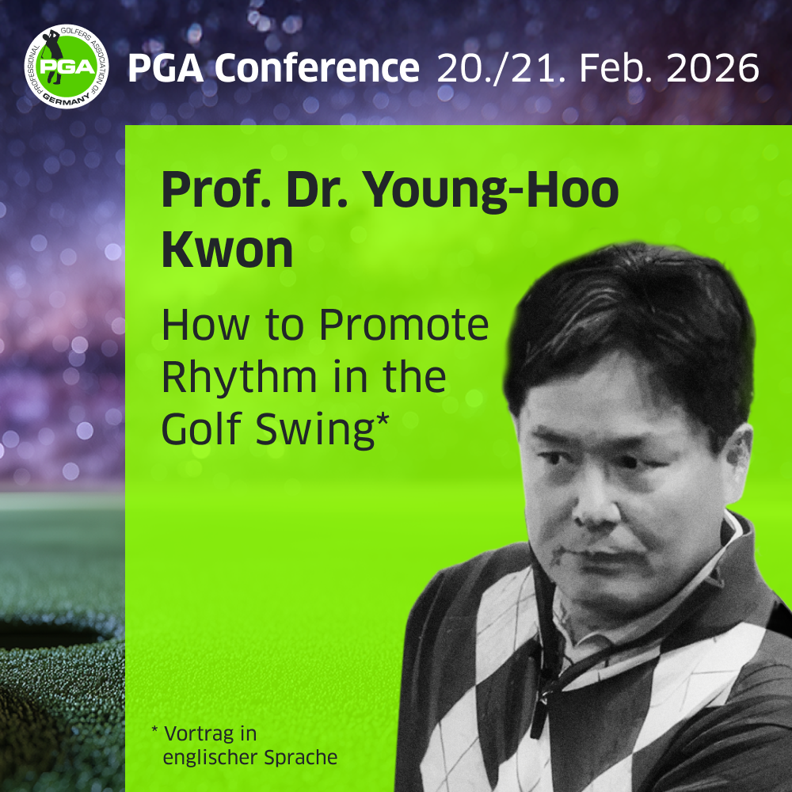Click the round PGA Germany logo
click(x=67, y=67)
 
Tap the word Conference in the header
click(x=318, y=67)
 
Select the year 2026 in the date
click(x=713, y=67)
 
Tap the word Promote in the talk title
click(x=404, y=325)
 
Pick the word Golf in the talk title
click(x=203, y=428)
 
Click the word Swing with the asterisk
click(x=322, y=430)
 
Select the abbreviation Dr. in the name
click(x=318, y=189)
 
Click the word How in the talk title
click(x=205, y=325)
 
